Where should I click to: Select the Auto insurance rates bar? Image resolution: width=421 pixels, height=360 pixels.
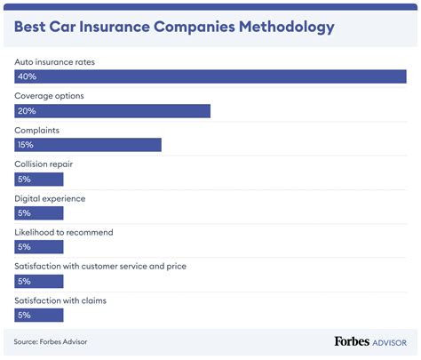[x=210, y=77]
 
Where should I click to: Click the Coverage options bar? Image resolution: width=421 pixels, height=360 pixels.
[x=113, y=111]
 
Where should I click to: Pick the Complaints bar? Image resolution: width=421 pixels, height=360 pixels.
[x=88, y=145]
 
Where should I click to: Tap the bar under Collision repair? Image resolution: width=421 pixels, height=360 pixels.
[x=39, y=180]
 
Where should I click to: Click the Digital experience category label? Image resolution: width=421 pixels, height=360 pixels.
[x=50, y=198]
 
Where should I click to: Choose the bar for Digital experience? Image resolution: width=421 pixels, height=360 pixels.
[x=39, y=213]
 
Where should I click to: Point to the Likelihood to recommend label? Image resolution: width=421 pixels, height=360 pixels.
[x=64, y=232]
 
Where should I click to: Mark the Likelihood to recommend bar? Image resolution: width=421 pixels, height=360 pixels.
[x=39, y=247]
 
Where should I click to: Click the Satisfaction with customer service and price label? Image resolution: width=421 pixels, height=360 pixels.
[x=100, y=266]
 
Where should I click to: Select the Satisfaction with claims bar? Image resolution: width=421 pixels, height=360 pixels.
[x=39, y=315]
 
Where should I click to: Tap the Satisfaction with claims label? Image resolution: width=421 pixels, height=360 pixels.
[x=60, y=300]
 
